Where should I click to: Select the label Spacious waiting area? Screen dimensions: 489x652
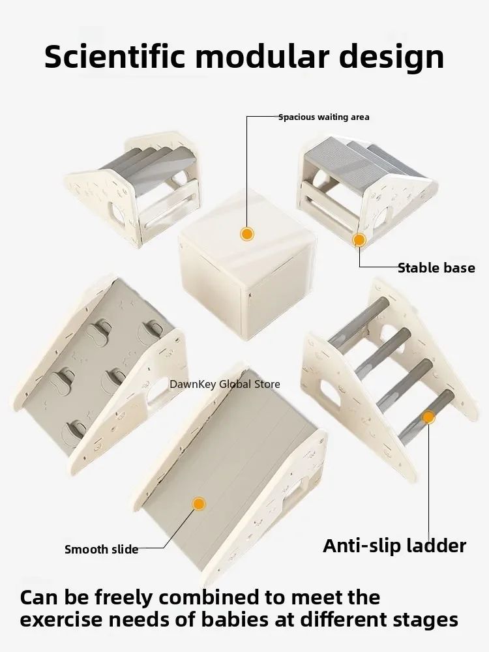point(324,117)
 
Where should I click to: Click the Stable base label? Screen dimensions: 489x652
point(436,268)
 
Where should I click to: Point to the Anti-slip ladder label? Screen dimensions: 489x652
point(394,546)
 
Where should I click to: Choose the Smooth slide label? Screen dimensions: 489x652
point(102,549)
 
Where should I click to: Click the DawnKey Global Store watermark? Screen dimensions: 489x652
point(224,384)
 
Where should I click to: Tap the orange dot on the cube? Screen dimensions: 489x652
point(247,233)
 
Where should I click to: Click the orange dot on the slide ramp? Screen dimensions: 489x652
point(199,504)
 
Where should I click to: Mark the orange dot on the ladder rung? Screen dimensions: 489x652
point(428,417)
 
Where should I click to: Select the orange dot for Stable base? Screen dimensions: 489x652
point(359,240)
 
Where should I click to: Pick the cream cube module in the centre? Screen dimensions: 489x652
point(246,262)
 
